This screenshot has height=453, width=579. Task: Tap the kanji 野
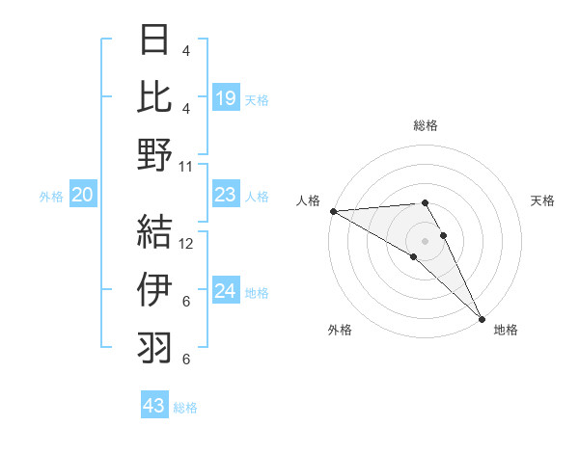tap(154, 154)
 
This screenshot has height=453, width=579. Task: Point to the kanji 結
tap(154, 229)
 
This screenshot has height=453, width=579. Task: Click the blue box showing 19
tap(226, 97)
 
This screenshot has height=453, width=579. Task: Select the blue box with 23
tap(226, 196)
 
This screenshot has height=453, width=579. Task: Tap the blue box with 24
tap(226, 292)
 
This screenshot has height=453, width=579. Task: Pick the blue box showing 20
tap(82, 196)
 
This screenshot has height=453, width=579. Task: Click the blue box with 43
tap(154, 406)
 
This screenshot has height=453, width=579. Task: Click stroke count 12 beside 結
tap(186, 243)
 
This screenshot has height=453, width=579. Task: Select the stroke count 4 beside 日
tap(185, 50)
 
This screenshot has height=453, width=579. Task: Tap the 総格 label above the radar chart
tap(426, 125)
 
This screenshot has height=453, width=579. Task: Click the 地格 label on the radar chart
tap(506, 330)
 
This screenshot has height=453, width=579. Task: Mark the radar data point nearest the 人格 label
tap(333, 211)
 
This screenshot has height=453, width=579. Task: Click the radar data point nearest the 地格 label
tap(481, 317)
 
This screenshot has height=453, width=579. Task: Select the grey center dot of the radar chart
tap(426, 240)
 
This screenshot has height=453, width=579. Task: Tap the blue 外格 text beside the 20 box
tap(51, 197)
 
